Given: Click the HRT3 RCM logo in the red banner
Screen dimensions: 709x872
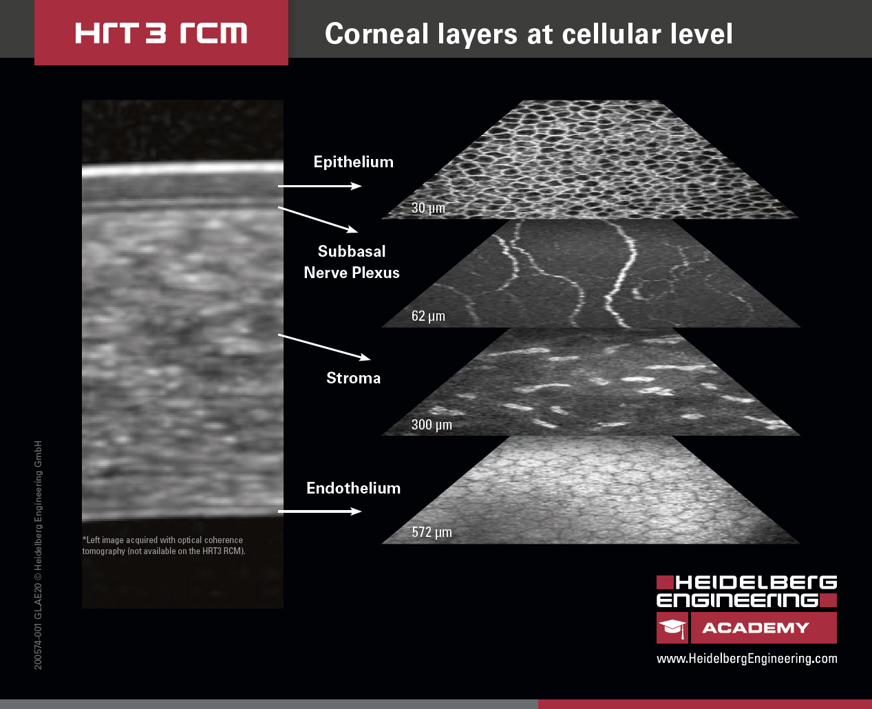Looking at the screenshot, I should pyautogui.click(x=161, y=33).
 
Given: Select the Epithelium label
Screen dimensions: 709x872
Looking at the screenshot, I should pyautogui.click(x=353, y=162).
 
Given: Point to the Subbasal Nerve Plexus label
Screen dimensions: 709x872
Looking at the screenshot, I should pyautogui.click(x=352, y=262).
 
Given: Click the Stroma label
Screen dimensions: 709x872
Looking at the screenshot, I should pyautogui.click(x=353, y=378).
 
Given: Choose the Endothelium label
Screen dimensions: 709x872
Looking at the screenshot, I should pyautogui.click(x=353, y=488).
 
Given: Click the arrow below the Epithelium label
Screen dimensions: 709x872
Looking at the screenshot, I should pyautogui.click(x=319, y=186).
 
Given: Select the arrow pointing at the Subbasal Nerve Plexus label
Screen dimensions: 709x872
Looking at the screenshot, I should pyautogui.click(x=317, y=219).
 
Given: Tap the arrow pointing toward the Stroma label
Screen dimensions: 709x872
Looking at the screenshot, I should pyautogui.click(x=323, y=347).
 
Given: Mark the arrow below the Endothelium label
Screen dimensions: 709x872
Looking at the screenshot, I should pyautogui.click(x=319, y=511).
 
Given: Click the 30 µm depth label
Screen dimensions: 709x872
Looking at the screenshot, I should pyautogui.click(x=428, y=208).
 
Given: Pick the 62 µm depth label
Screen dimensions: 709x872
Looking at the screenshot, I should pyautogui.click(x=428, y=316).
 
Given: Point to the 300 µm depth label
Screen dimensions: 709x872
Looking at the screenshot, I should pyautogui.click(x=432, y=425).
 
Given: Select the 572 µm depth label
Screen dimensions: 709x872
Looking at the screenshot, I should pyautogui.click(x=432, y=532).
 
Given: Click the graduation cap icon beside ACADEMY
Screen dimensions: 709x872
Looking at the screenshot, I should pyautogui.click(x=672, y=628).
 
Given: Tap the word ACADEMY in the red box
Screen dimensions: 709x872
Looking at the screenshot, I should pyautogui.click(x=755, y=628).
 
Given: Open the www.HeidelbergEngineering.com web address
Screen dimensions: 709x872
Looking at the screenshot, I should pyautogui.click(x=747, y=659).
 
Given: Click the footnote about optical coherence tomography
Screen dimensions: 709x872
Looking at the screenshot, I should pyautogui.click(x=164, y=545).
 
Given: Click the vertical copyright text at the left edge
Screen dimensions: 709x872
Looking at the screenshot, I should pyautogui.click(x=39, y=554).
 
